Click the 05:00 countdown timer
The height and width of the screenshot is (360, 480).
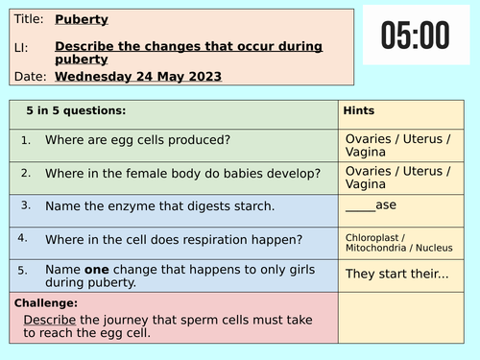(x=414, y=36)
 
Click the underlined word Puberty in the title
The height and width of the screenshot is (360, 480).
(x=82, y=18)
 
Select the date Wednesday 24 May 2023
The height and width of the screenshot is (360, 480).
(x=138, y=76)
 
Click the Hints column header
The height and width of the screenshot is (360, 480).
(x=359, y=110)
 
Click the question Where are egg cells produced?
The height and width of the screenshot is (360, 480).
(x=137, y=140)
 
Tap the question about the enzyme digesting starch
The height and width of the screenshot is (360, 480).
(x=159, y=205)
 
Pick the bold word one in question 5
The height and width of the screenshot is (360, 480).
(x=100, y=269)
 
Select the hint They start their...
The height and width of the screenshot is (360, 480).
(x=396, y=273)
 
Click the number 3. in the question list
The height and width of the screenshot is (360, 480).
(x=25, y=204)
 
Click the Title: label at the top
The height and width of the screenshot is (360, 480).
(x=29, y=18)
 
